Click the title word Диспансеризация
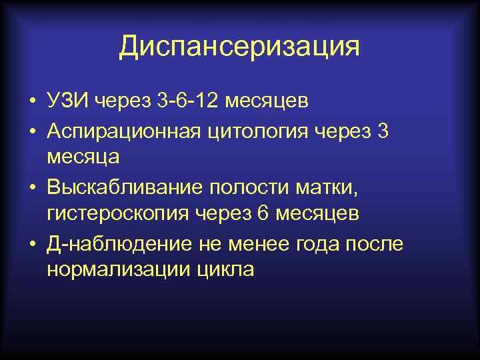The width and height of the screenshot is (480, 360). tap(239, 47)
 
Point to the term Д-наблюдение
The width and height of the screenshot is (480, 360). tap(120, 243)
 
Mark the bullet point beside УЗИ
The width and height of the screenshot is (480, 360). tap(31, 101)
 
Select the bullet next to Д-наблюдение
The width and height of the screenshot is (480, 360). tap(31, 243)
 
